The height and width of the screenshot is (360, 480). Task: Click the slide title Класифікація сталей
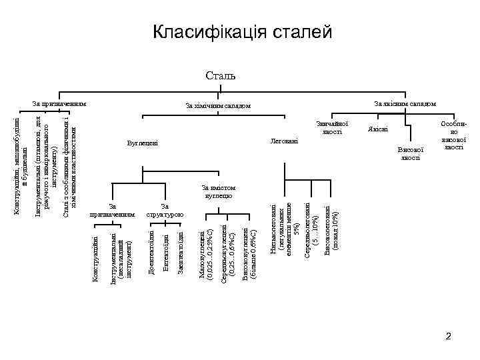pos(241,31)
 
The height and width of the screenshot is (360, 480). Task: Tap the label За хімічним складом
pos(218,106)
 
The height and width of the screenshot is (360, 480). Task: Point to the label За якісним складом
pos(405,103)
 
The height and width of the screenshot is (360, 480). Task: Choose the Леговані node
pos(284,141)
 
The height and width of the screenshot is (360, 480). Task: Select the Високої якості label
pos(409,153)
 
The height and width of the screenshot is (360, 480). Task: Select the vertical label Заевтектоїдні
pos(181,251)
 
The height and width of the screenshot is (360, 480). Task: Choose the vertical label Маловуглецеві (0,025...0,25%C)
pos(207,254)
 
